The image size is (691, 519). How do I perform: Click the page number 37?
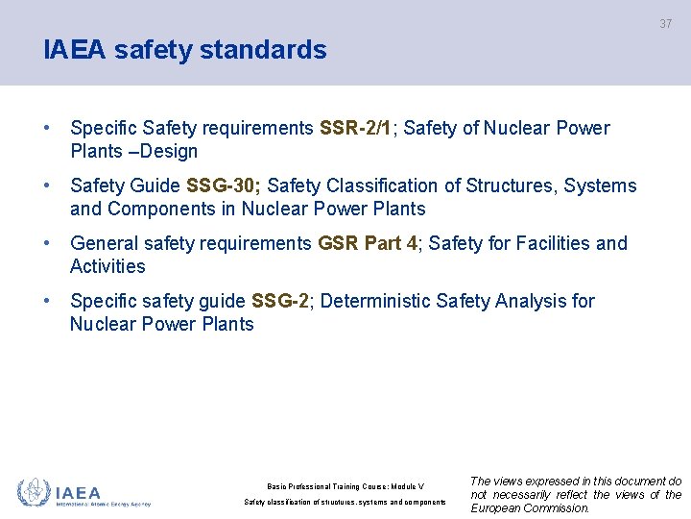tap(665, 23)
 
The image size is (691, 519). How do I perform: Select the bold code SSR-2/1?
tap(356, 128)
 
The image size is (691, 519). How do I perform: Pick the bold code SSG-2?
tap(279, 301)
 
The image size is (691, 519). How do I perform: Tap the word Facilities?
tap(553, 243)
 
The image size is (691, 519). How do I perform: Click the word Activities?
tap(107, 266)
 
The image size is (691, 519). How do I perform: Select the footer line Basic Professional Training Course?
tap(345, 486)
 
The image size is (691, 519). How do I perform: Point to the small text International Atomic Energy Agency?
tap(104, 503)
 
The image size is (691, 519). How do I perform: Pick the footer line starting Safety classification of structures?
tap(345, 503)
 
